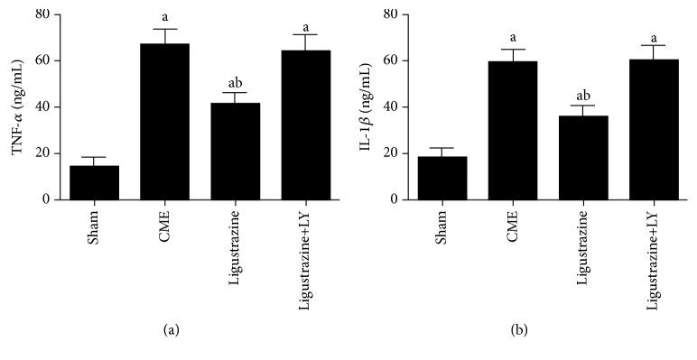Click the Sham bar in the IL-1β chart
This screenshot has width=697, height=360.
pos(441,178)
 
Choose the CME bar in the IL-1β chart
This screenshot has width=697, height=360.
pos(513,130)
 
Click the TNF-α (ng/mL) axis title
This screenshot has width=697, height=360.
pos(18,106)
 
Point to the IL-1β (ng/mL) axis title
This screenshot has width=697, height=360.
pos(366,106)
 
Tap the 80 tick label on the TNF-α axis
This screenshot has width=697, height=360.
pos(42,14)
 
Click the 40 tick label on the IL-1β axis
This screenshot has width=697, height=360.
pos(391,106)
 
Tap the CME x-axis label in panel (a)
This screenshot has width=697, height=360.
pos(165,224)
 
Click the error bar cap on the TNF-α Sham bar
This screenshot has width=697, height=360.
pos(93,157)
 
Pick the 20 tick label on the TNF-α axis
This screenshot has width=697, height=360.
pos(42,152)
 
